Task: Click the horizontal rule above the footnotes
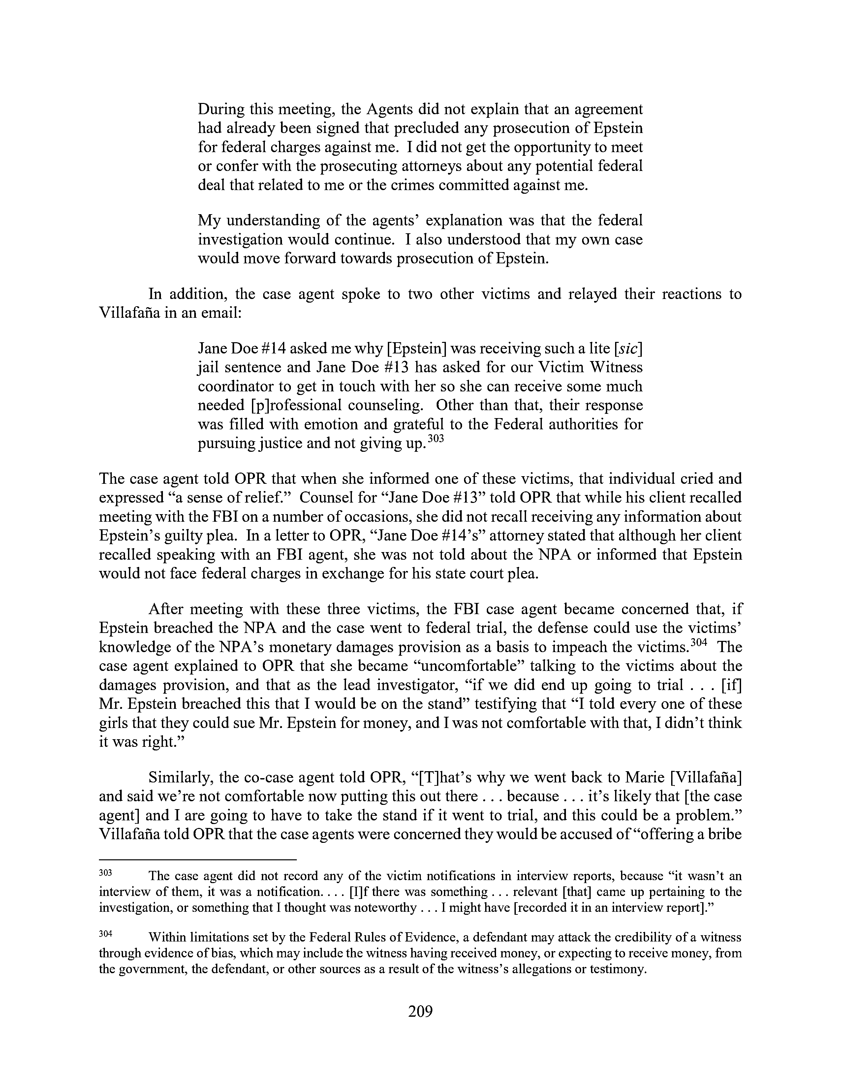198,860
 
